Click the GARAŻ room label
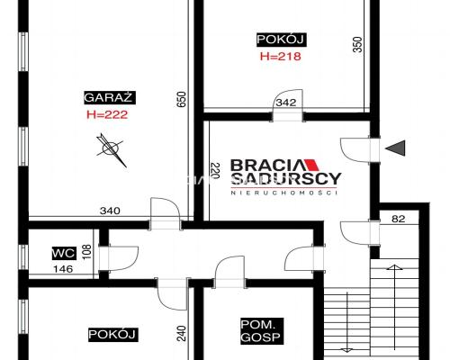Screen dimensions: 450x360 pyautogui.click(x=110, y=97)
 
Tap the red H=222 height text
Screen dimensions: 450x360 pyautogui.click(x=107, y=114)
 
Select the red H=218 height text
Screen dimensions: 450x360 pyautogui.click(x=281, y=57)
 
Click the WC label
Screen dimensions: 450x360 pyautogui.click(x=64, y=254)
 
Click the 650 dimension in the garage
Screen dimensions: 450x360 pyautogui.click(x=182, y=100)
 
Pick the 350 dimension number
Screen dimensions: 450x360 pyautogui.click(x=357, y=44)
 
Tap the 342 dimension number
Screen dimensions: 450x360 pyautogui.click(x=286, y=103)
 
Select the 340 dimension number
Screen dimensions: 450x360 pyautogui.click(x=110, y=211)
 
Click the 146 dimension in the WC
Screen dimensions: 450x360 pyautogui.click(x=63, y=269)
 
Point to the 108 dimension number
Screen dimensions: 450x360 pyautogui.click(x=86, y=252)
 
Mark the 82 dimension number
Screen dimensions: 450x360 pyautogui.click(x=399, y=219)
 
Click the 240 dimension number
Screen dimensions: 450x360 pyautogui.click(x=182, y=333)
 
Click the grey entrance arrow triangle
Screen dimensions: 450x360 pyautogui.click(x=395, y=148)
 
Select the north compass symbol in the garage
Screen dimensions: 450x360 pyautogui.click(x=111, y=149)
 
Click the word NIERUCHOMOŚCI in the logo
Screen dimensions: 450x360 pyautogui.click(x=284, y=193)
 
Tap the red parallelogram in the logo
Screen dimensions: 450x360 pyautogui.click(x=311, y=165)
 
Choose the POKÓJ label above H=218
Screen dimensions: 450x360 pyautogui.click(x=282, y=40)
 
